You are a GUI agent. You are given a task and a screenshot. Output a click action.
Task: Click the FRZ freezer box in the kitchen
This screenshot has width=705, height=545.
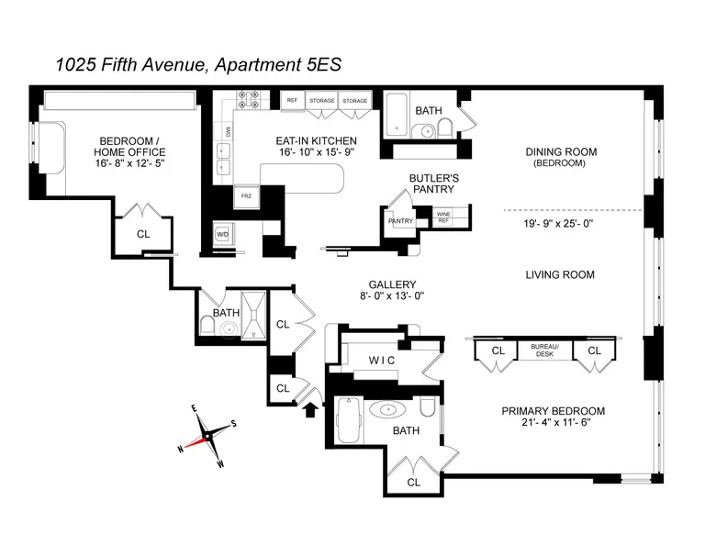246,195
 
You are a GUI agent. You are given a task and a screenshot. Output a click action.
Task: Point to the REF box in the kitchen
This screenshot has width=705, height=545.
292,100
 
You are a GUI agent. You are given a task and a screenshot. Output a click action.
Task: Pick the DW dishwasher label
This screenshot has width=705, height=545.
228,132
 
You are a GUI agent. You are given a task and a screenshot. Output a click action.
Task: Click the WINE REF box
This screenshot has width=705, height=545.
443,218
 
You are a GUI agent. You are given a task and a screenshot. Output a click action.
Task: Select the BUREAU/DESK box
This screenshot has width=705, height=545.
537,350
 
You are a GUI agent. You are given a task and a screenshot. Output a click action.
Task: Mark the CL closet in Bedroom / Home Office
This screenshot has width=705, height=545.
142,233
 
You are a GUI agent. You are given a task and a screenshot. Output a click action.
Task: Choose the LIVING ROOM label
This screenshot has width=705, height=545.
559,274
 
